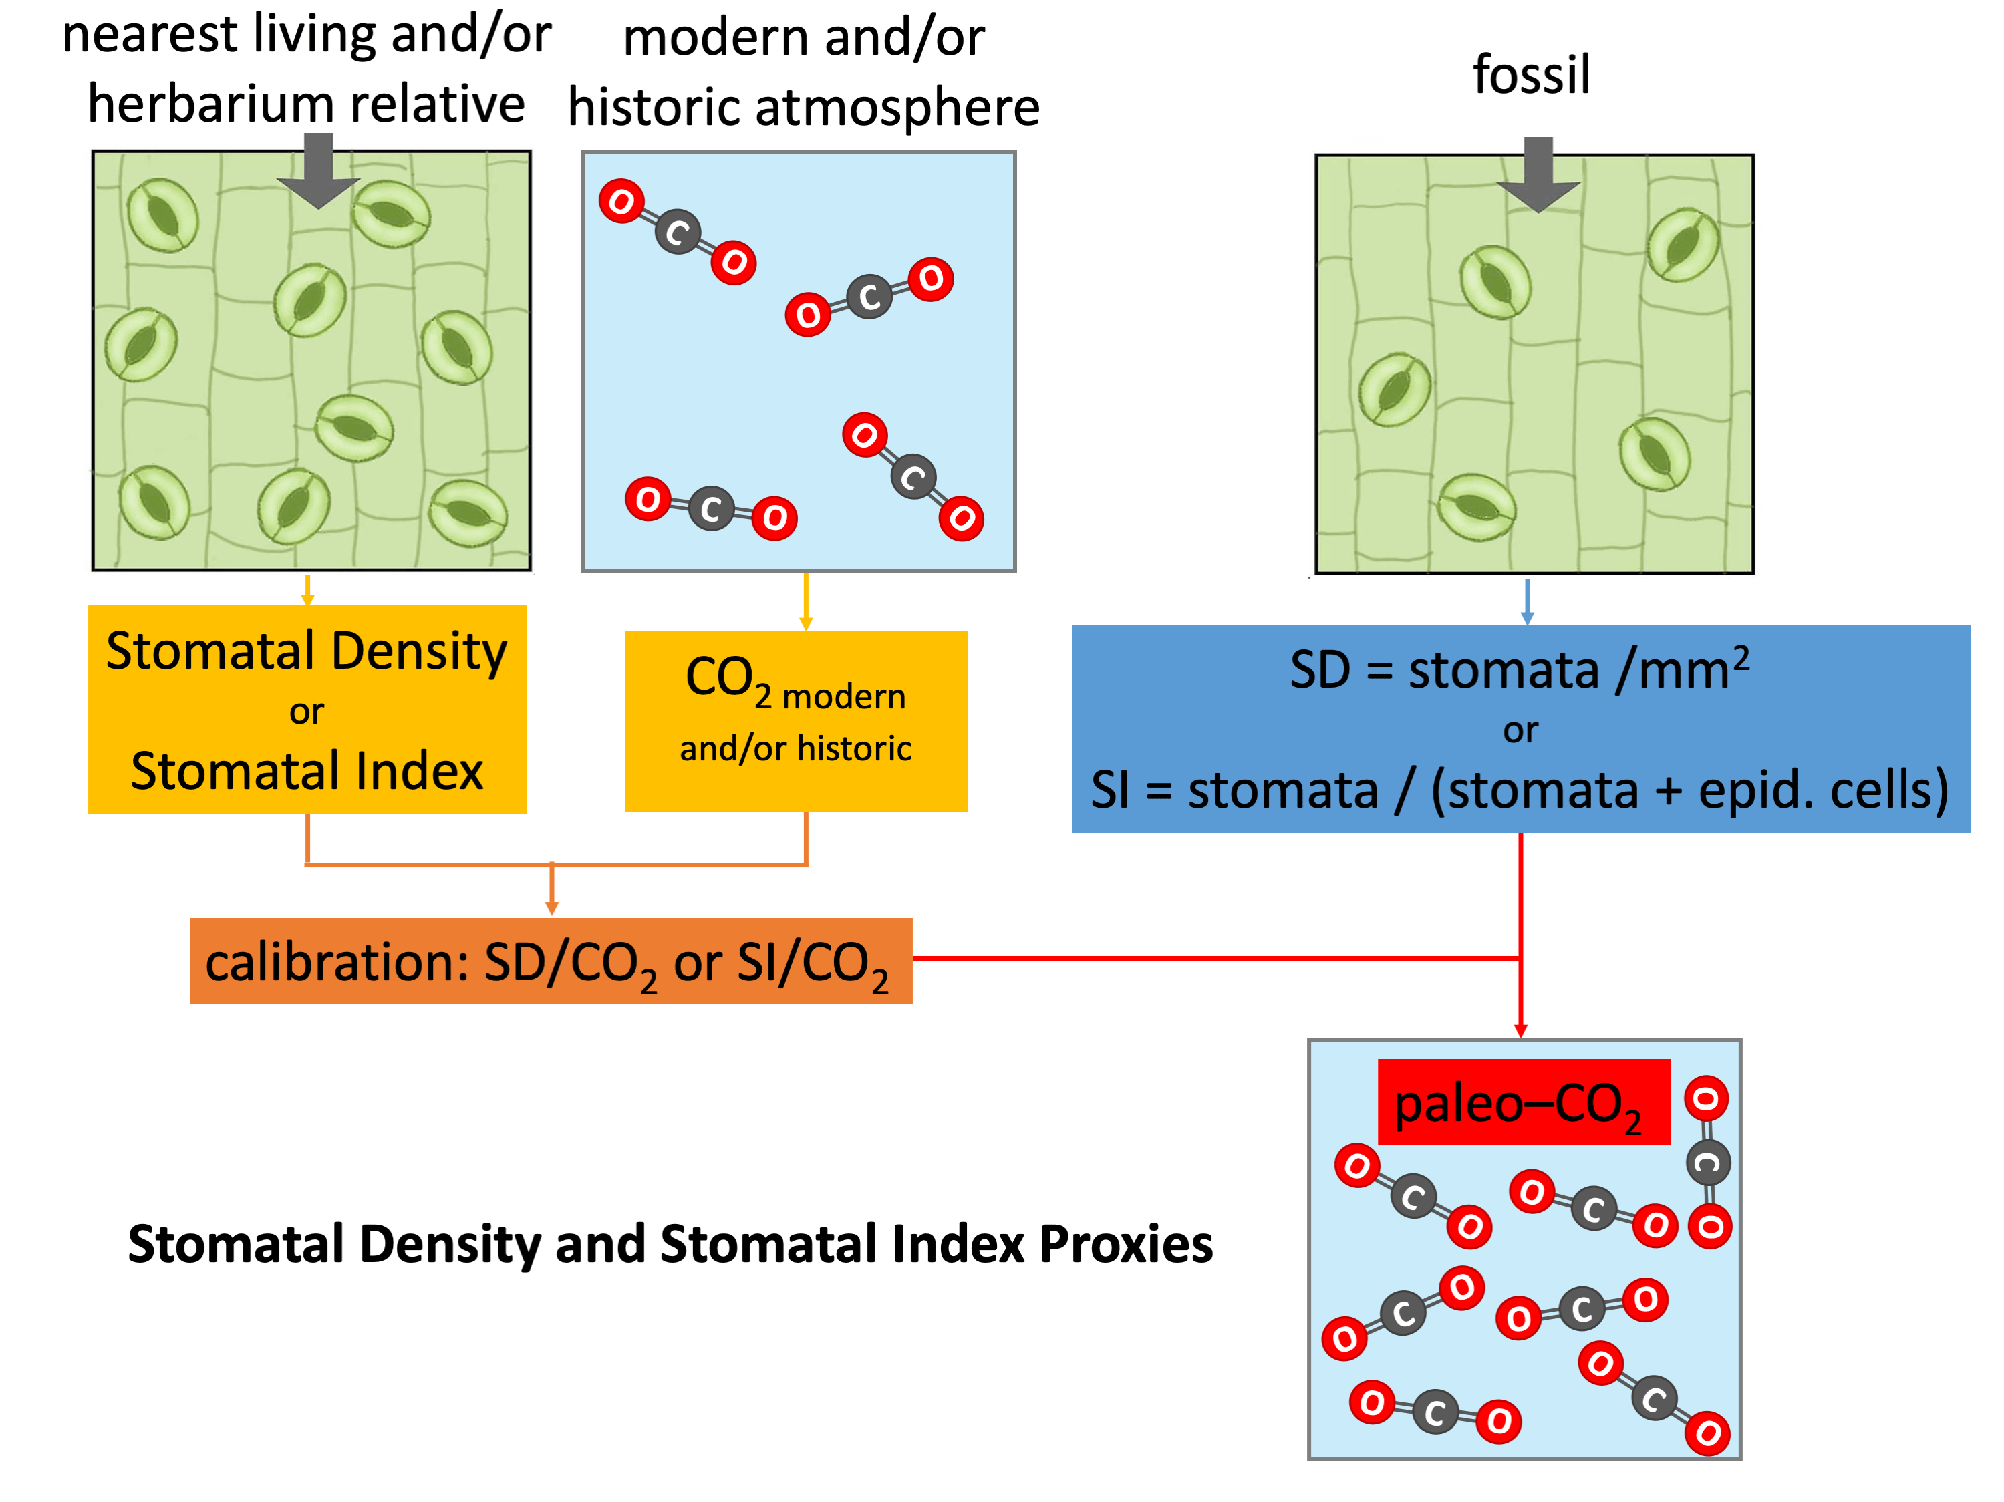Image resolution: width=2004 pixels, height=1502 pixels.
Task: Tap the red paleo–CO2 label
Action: [x=1523, y=1102]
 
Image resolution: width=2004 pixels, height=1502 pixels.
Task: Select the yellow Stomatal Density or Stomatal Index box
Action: [x=307, y=710]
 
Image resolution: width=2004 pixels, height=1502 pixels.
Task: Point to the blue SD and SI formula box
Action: [x=1520, y=728]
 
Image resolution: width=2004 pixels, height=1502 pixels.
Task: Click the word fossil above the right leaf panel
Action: [x=1531, y=74]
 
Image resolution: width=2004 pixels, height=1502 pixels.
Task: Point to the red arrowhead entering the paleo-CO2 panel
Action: [x=1520, y=1030]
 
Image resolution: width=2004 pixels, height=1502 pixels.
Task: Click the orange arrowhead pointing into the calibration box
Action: [x=552, y=908]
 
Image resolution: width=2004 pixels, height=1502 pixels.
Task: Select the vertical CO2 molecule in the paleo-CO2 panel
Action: [x=1708, y=1163]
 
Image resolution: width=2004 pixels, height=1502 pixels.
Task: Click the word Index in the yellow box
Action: [x=420, y=771]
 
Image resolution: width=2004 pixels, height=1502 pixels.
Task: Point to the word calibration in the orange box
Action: [x=336, y=962]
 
